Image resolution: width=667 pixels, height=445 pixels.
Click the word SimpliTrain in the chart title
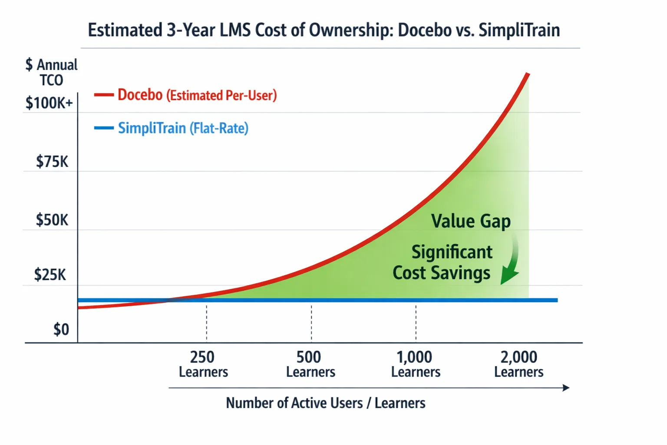click(x=519, y=30)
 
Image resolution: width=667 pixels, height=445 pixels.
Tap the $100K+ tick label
click(x=49, y=103)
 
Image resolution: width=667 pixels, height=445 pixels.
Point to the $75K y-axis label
click(x=52, y=162)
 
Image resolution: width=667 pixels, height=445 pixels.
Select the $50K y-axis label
click(x=52, y=220)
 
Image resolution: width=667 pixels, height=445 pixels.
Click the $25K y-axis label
click(x=50, y=275)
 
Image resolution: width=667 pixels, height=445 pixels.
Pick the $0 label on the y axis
click(x=61, y=329)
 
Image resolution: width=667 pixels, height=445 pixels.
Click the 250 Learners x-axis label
click(x=203, y=364)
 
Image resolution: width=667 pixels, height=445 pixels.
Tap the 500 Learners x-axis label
click(x=310, y=364)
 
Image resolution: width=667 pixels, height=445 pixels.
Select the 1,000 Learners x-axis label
click(x=416, y=364)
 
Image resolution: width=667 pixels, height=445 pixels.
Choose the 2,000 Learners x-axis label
click(x=518, y=364)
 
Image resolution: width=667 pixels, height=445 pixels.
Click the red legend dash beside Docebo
click(x=104, y=95)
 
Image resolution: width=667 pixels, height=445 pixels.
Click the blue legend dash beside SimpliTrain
click(x=104, y=128)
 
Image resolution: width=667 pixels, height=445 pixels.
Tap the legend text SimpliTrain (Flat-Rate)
click(x=183, y=128)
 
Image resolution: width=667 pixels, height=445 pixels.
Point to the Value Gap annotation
click(x=471, y=221)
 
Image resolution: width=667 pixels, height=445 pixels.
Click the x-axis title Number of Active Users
click(x=325, y=403)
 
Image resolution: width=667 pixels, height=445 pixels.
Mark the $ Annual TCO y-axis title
click(x=51, y=72)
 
